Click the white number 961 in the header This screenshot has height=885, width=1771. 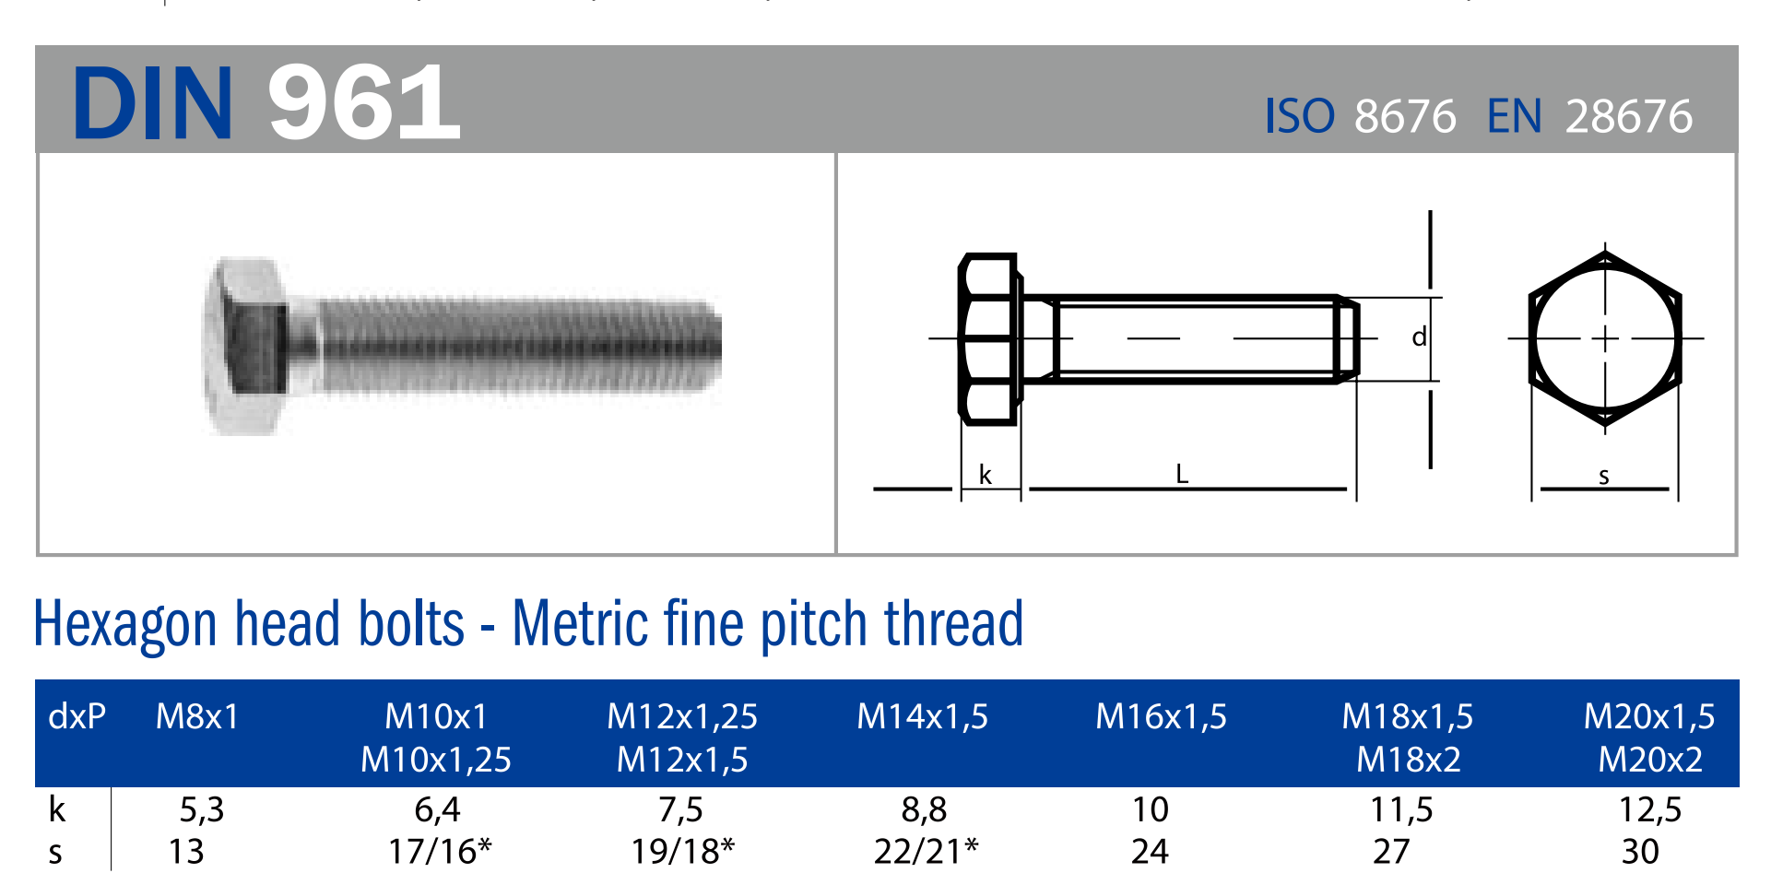click(364, 102)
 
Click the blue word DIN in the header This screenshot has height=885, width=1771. click(153, 103)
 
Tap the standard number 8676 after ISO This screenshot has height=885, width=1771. click(1405, 117)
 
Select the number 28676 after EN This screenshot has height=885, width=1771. click(1629, 117)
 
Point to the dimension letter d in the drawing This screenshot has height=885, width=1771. click(1420, 336)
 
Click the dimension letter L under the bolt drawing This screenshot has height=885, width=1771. click(1182, 474)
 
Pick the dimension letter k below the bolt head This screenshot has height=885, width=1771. click(986, 475)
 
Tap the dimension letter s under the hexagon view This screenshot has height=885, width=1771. click(1604, 477)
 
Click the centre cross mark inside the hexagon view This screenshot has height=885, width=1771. click(1605, 338)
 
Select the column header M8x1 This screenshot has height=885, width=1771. click(197, 716)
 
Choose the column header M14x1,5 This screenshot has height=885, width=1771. click(922, 716)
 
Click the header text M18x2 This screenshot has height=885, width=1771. click(1409, 760)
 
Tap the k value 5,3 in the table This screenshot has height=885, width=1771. click(202, 809)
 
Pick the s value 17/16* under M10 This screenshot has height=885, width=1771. click(440, 851)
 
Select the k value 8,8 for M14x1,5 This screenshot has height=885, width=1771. click(924, 809)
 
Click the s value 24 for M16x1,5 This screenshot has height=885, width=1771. click(1150, 851)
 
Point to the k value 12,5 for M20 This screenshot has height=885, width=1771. click(1650, 809)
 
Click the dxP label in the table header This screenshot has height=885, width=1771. click(77, 716)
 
